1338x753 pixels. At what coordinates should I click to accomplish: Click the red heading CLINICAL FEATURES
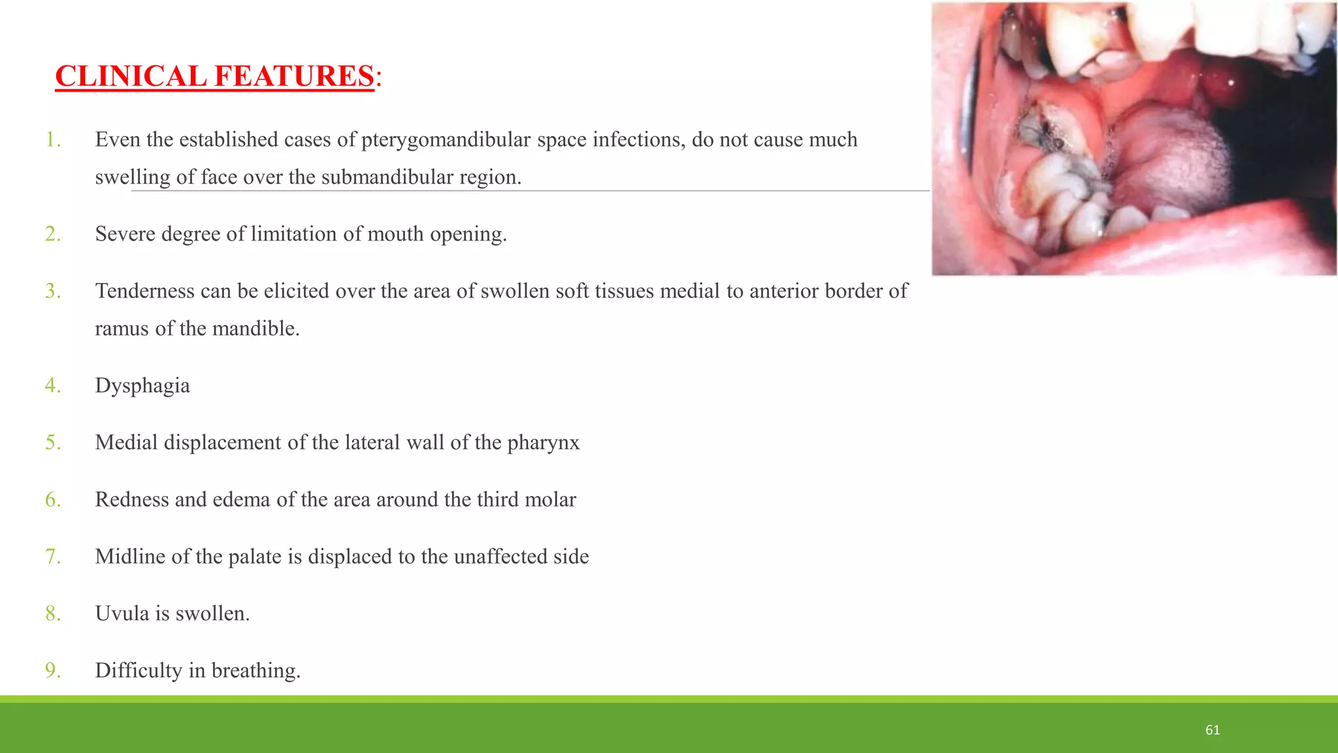tap(214, 76)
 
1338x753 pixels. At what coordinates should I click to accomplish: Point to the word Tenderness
tap(144, 291)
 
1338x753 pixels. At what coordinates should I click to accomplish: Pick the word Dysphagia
tap(142, 386)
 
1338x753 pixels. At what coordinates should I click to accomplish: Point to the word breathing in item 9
tap(255, 671)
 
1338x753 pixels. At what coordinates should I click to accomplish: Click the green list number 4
tap(53, 386)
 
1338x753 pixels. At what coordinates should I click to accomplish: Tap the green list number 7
tap(53, 556)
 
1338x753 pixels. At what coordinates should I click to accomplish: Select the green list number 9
tap(53, 671)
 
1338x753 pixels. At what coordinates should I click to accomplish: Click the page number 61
tap(1213, 730)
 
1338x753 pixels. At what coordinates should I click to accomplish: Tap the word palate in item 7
tap(255, 557)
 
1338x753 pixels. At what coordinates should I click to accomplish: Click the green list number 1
tap(53, 140)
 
